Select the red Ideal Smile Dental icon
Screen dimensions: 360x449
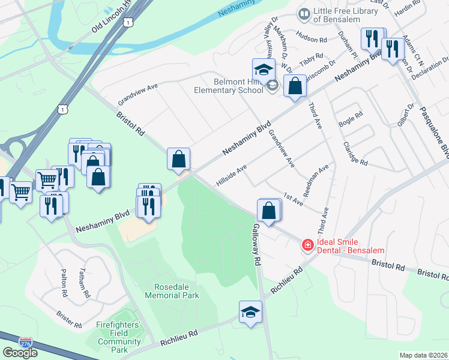pyautogui.click(x=307, y=245)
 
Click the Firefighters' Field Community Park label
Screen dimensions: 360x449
pyautogui.click(x=119, y=337)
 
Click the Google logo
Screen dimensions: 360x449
pyautogui.click(x=20, y=353)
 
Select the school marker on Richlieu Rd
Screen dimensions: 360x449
pyautogui.click(x=250, y=312)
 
